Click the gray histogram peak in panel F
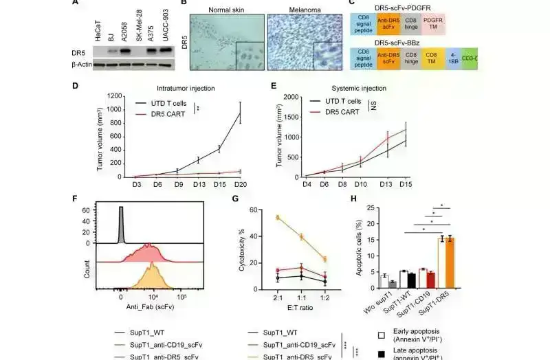(121, 213)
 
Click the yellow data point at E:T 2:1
(258, 217)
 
